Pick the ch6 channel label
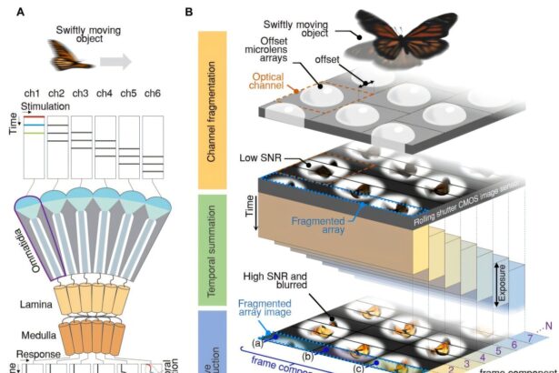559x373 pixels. [152, 93]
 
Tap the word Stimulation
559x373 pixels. [45, 107]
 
